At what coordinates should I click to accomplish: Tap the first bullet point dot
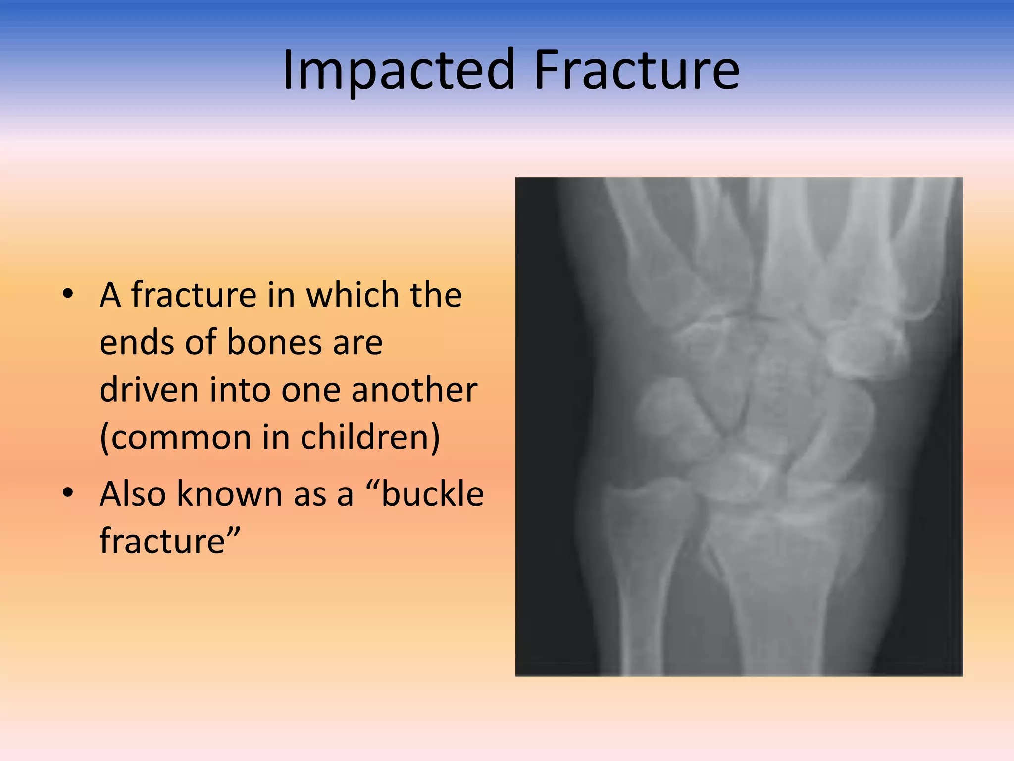(68, 294)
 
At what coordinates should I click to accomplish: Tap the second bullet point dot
(68, 492)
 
